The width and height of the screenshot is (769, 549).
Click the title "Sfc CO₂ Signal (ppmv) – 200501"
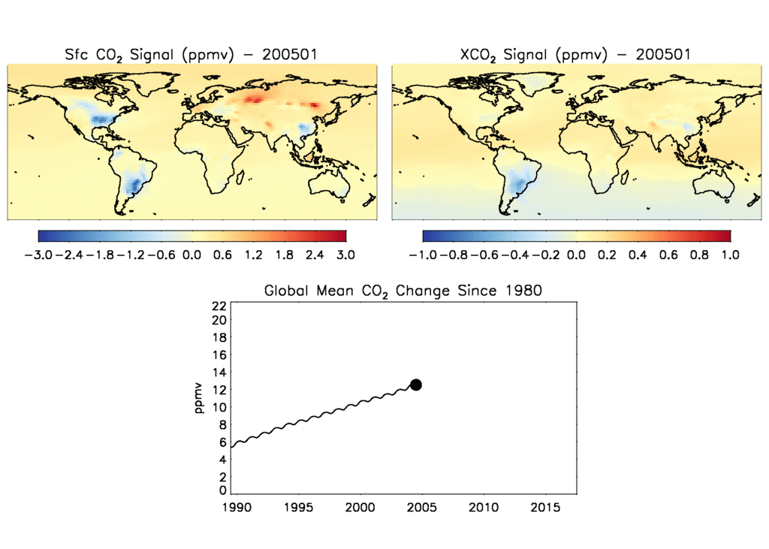(x=191, y=55)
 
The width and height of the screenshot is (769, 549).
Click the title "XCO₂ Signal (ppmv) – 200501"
(x=575, y=55)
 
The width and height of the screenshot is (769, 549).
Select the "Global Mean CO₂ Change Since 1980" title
(x=403, y=291)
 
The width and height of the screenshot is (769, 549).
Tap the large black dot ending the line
(x=416, y=385)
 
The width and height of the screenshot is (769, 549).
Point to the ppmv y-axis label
(x=199, y=399)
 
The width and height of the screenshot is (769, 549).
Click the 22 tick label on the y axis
(x=219, y=306)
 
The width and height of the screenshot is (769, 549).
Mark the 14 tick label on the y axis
(x=219, y=373)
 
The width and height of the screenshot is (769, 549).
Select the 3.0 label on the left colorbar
(x=345, y=255)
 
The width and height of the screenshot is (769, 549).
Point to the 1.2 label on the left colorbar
(x=253, y=255)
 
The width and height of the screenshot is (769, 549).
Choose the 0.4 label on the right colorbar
(x=638, y=255)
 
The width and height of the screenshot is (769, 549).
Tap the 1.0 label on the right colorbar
(x=730, y=255)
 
